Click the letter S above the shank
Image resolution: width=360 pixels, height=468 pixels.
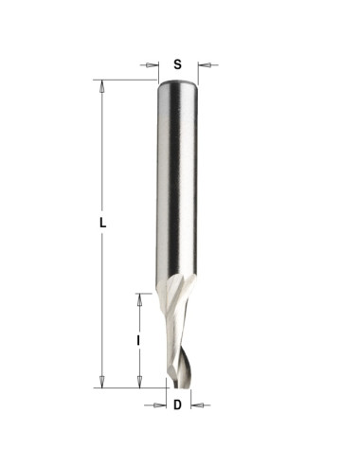pyautogui.click(x=178, y=64)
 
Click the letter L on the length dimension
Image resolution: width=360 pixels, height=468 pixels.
pyautogui.click(x=102, y=223)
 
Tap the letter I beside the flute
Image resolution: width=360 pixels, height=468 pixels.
pyautogui.click(x=138, y=341)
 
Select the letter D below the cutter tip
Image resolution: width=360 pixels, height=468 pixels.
pyautogui.click(x=178, y=405)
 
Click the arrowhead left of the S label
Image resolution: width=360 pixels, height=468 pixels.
pyautogui.click(x=152, y=65)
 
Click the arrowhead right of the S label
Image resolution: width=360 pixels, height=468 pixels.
pyautogui.click(x=204, y=65)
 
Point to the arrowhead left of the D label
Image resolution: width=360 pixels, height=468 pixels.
pyautogui.click(x=160, y=405)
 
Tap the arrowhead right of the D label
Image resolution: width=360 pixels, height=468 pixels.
pyautogui.click(x=197, y=405)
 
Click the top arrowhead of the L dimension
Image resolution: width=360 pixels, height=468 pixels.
pyautogui.click(x=101, y=86)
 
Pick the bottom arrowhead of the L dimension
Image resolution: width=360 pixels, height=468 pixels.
pyautogui.click(x=101, y=382)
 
